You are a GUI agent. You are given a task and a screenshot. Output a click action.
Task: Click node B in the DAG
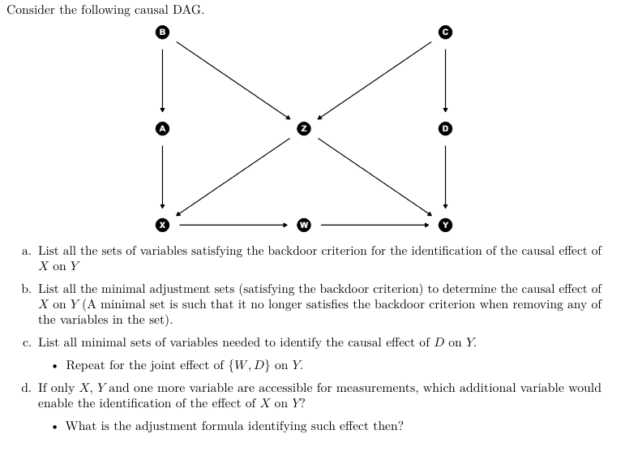click(x=162, y=32)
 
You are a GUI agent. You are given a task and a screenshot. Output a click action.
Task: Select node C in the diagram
click(x=444, y=32)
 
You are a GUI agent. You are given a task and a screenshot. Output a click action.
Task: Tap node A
click(x=162, y=128)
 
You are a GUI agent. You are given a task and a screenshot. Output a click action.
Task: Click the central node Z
click(x=303, y=128)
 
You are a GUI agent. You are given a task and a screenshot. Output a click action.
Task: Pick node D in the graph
click(x=444, y=128)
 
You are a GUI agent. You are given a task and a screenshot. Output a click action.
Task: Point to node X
click(x=162, y=224)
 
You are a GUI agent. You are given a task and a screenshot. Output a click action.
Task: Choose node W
click(x=303, y=224)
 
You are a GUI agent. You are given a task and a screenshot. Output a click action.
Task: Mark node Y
click(x=444, y=224)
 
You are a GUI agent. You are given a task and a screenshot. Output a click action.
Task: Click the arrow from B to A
click(x=162, y=80)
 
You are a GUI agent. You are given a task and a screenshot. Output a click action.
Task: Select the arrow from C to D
click(x=444, y=80)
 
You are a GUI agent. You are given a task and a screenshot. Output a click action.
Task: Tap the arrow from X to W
click(x=233, y=224)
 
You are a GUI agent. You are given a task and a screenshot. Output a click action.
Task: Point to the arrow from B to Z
click(x=233, y=80)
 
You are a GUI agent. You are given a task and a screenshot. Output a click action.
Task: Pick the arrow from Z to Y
click(x=374, y=176)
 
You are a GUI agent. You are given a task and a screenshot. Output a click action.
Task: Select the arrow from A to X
click(x=162, y=176)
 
